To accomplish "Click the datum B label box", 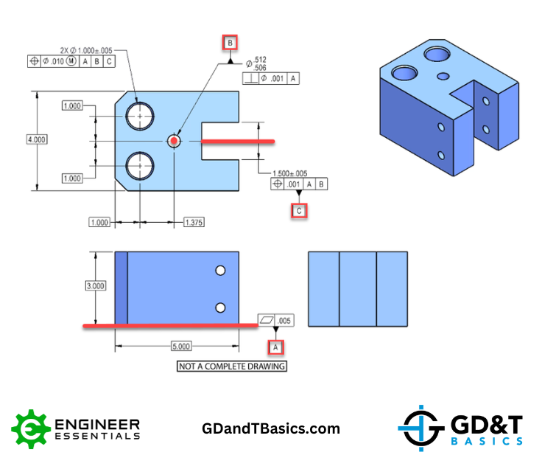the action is click(230, 44).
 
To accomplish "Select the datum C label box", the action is click(299, 210).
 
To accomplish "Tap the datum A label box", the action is click(275, 347).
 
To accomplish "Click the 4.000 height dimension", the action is click(37, 139).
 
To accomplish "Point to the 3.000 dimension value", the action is click(96, 286).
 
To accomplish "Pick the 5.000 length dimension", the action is click(181, 347).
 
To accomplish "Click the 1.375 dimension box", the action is click(194, 222).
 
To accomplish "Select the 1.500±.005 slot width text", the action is click(289, 173).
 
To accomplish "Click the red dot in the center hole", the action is click(174, 141).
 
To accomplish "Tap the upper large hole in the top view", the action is click(140, 116).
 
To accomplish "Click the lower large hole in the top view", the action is click(140, 166).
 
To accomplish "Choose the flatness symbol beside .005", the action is click(267, 320).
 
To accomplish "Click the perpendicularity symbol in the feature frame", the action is click(251, 79).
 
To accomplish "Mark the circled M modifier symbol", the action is click(71, 61).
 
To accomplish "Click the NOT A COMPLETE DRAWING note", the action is click(231, 367).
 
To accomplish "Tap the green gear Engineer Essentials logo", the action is click(30, 429).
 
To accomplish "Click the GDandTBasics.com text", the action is click(271, 428).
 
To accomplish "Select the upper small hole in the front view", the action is click(220, 271).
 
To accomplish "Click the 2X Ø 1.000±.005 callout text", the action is click(86, 51).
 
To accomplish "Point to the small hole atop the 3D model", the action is click(443, 76).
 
